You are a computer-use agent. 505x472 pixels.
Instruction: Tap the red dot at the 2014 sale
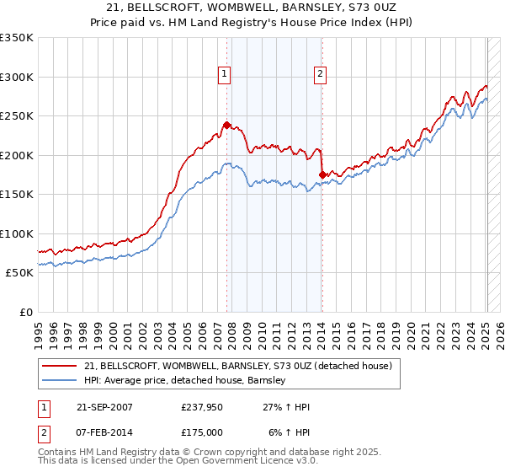tap(322, 174)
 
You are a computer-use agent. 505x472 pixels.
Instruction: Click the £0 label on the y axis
tap(24, 312)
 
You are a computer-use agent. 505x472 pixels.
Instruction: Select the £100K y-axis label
tap(17, 233)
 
